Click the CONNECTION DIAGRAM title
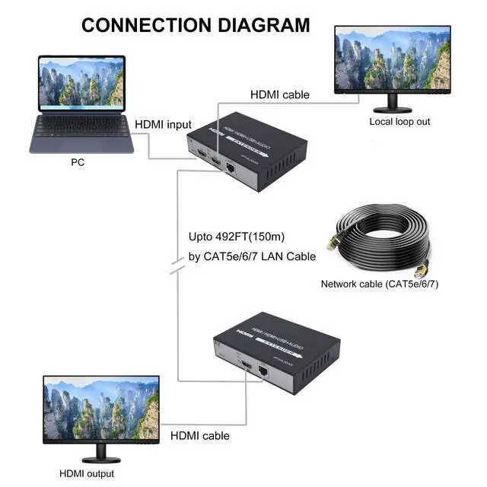click(196, 24)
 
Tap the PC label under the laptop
click(78, 162)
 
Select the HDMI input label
click(164, 125)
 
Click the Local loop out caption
click(399, 121)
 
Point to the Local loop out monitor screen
click(392, 60)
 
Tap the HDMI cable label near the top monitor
click(280, 94)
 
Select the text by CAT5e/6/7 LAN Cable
click(252, 256)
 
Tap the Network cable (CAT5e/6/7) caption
click(380, 284)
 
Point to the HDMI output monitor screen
click(101, 410)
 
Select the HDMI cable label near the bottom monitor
click(199, 436)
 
